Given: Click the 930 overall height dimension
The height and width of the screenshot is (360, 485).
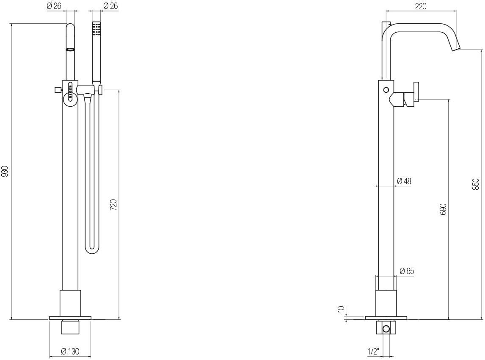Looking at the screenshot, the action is coord(5,171).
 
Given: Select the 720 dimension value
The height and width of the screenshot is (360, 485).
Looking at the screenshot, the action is coord(113,205).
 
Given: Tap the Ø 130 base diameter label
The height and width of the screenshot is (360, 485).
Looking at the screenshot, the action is coord(70,352).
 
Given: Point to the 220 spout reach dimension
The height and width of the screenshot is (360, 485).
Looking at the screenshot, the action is coord(421,6).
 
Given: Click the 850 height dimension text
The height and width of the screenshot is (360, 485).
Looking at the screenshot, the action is coord(476,184).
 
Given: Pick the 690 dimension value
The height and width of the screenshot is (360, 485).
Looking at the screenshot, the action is coord(443,209).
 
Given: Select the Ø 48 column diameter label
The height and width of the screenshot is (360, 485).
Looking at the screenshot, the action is coord(404,181).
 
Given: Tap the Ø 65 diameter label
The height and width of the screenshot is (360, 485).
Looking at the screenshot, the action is coord(407,271).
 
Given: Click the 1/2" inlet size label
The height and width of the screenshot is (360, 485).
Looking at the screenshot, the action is coord(373,352).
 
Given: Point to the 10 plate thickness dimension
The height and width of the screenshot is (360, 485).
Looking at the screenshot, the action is coord(341,309).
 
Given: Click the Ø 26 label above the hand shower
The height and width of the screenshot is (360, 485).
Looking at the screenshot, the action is coord(110,6).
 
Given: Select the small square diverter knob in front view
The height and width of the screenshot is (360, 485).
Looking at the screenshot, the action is coord(57,90).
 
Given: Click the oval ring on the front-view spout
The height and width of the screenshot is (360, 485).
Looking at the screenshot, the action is coord(71,49).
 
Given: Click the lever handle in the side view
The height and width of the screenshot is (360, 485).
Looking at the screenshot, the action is coord(416,91).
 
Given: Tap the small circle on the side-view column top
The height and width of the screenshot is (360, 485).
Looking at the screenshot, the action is coord(386,90).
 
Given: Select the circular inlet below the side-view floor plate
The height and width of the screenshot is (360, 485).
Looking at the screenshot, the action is coord(386,329).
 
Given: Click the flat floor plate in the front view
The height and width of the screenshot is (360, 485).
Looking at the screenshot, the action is coord(70,318).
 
